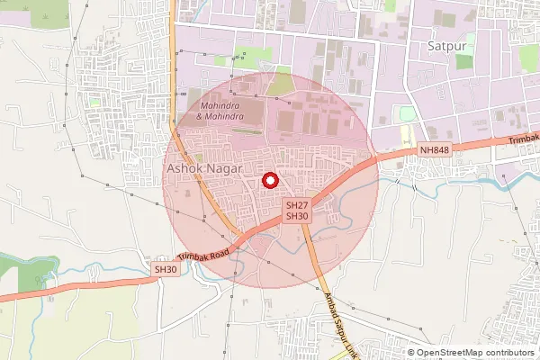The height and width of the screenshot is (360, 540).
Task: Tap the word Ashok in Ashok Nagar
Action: pyautogui.click(x=183, y=168)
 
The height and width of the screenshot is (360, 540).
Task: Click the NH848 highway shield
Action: pyautogui.click(x=433, y=149)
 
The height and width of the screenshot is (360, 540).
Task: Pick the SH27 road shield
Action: pyautogui.click(x=297, y=206)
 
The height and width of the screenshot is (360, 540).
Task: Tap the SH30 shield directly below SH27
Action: pyautogui.click(x=297, y=217)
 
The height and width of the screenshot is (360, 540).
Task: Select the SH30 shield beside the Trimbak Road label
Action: pyautogui.click(x=165, y=269)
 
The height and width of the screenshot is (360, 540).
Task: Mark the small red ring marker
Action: pyautogui.click(x=269, y=181)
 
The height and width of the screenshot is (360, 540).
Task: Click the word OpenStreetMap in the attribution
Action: pyautogui.click(x=450, y=352)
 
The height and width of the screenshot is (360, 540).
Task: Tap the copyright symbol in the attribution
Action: pyautogui.click(x=411, y=352)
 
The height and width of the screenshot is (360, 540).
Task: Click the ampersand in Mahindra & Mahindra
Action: pyautogui.click(x=200, y=117)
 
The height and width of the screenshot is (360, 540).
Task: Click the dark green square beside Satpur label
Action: pyautogui.click(x=464, y=60)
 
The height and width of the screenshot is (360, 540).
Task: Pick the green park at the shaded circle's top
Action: pyautogui.click(x=281, y=85)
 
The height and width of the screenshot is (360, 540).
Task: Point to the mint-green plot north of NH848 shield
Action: pyautogui.click(x=408, y=114)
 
